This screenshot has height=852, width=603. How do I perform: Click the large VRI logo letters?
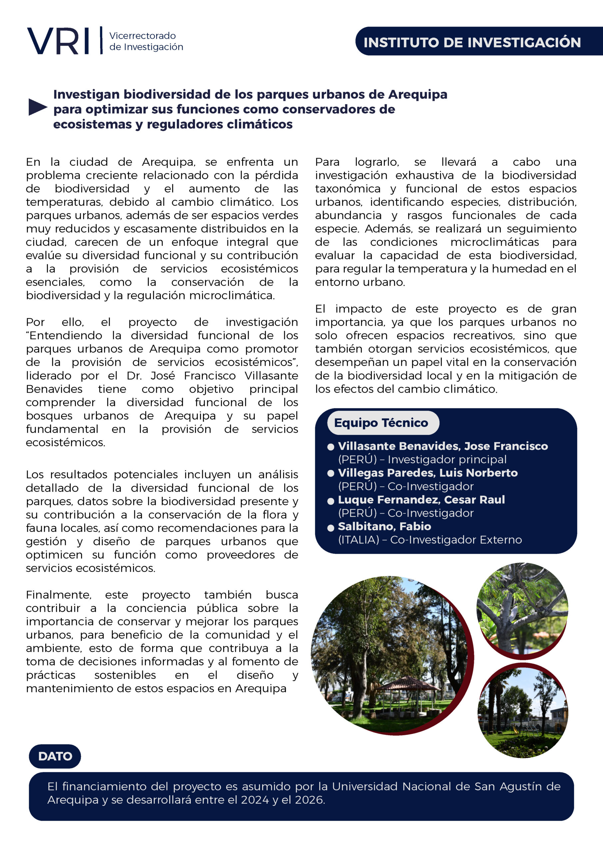click(x=58, y=41)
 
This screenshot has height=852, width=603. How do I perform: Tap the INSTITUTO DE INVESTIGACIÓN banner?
click(x=472, y=42)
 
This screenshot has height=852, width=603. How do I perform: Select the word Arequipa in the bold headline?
click(x=418, y=95)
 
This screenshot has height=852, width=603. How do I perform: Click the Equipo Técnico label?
click(x=381, y=423)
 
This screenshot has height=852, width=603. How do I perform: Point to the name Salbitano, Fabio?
click(x=384, y=526)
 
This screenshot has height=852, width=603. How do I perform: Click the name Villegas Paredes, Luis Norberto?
click(x=427, y=473)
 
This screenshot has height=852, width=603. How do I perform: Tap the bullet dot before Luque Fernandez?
click(x=331, y=501)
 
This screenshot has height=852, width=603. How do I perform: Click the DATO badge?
click(x=55, y=756)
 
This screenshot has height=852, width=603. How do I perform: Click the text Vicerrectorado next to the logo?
click(x=142, y=36)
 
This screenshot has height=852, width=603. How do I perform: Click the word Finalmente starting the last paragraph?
click(x=58, y=595)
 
